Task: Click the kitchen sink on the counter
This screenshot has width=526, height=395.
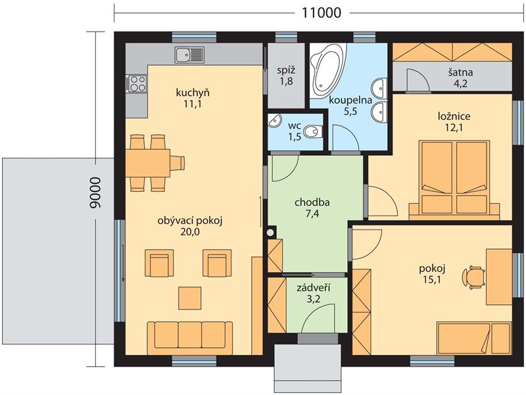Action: tap(189, 55)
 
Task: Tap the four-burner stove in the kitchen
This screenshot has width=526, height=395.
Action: tap(136, 83)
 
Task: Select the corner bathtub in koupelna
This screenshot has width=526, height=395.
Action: tap(327, 69)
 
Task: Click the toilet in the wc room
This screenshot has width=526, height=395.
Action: tap(313, 132)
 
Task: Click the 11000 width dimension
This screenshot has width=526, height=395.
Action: tap(322, 12)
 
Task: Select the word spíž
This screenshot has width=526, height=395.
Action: tap(286, 70)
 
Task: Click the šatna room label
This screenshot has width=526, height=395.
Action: tap(461, 72)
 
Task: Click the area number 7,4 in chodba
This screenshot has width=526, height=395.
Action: tap(312, 214)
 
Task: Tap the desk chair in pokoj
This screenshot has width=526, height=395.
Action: tap(473, 277)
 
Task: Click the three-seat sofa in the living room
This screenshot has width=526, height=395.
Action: tap(190, 338)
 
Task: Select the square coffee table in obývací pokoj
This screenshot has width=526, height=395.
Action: tap(190, 298)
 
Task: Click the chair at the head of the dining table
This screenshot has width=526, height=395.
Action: tap(177, 163)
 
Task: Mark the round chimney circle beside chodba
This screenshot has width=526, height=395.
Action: tap(270, 233)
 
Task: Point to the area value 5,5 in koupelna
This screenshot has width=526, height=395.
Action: tap(350, 112)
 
